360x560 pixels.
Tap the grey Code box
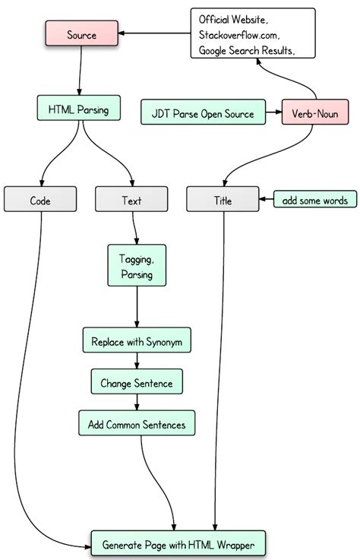tap(40, 201)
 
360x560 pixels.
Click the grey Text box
tap(131, 201)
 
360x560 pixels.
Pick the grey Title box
tap(223, 201)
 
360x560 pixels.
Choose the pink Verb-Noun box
tap(314, 113)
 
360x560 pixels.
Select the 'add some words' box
tap(314, 201)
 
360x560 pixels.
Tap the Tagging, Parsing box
tap(137, 266)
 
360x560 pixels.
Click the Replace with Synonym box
tap(137, 340)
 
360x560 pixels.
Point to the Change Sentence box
tap(137, 383)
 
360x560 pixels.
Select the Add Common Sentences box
tap(137, 424)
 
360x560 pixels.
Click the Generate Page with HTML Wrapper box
tap(178, 544)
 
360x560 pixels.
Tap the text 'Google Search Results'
tap(245, 49)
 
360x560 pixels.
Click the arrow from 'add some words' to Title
tap(266, 201)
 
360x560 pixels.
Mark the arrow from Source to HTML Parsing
tap(80, 72)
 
